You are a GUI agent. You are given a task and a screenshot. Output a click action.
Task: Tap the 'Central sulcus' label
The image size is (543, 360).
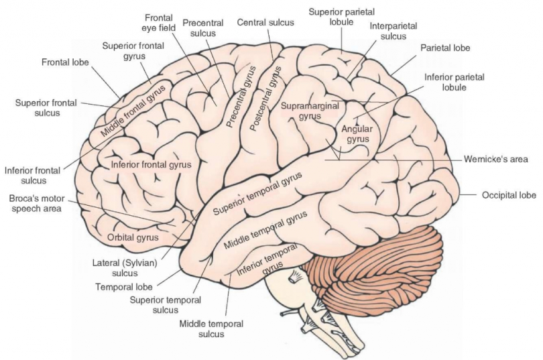click(x=265, y=22)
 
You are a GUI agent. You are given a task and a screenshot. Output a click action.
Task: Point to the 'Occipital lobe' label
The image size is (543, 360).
click(x=509, y=196)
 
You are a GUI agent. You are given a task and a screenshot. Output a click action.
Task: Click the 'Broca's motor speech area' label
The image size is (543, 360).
click(x=35, y=204)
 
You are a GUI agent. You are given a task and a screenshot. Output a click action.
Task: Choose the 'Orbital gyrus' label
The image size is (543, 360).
click(x=133, y=237)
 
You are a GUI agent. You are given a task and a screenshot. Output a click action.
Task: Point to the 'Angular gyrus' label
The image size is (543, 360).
click(x=355, y=134)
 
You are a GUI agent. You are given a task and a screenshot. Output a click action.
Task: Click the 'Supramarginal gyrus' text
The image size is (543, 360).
click(x=310, y=111)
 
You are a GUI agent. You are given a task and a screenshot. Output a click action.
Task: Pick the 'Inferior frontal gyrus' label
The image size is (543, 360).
click(x=152, y=164)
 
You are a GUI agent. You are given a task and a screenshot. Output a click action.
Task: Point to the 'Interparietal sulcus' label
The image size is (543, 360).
click(x=393, y=31)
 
